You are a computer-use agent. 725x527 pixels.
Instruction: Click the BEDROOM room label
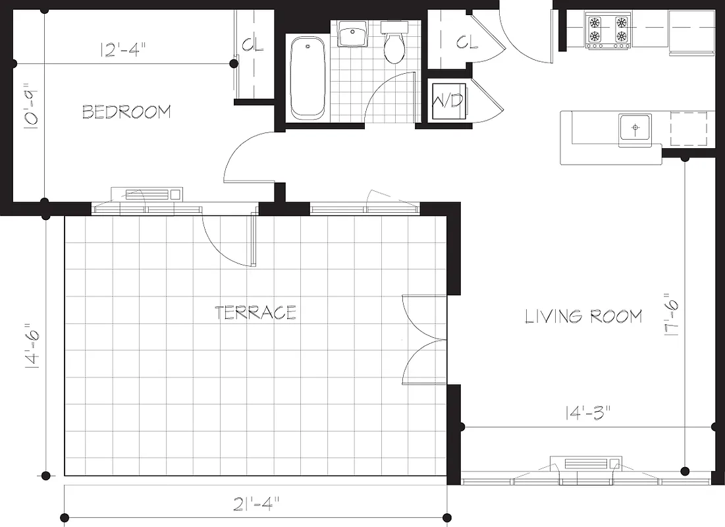pos(126,112)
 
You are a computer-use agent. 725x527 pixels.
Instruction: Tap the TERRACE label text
pos(255,312)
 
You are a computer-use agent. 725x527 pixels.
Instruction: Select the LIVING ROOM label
pos(583,317)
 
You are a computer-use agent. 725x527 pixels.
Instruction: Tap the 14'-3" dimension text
pos(588,414)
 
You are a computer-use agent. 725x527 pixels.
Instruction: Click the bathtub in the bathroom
pos(308,78)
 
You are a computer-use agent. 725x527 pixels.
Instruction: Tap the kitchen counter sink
pos(635,126)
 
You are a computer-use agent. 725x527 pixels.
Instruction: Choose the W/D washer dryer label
pos(447,101)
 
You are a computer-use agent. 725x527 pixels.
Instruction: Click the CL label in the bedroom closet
pos(253,45)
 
